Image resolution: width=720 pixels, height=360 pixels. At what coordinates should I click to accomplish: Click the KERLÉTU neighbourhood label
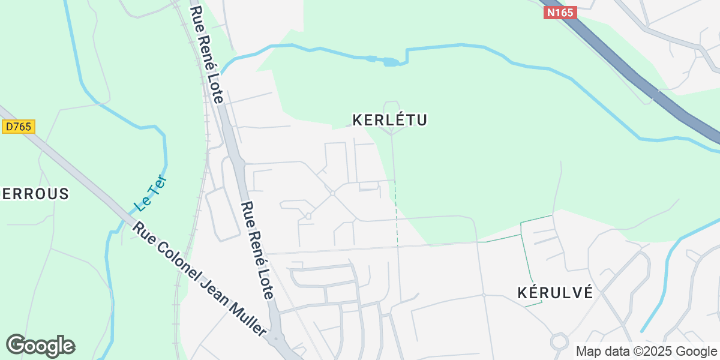pos(389,121)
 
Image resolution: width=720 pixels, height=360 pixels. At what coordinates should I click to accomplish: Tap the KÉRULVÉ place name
pos(555,293)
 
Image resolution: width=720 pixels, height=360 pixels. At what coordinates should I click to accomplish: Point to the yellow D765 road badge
pos(19,127)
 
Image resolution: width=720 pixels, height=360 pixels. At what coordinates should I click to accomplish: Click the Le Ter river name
pos(150,193)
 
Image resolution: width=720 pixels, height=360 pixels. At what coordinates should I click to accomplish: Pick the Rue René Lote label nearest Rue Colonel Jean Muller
pos(257,250)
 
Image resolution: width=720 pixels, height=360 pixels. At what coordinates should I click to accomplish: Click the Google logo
pos(40,346)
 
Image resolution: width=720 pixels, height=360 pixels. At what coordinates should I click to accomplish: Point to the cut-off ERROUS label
pos(35,194)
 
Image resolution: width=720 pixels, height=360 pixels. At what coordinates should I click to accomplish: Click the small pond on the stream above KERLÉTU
pos(390,62)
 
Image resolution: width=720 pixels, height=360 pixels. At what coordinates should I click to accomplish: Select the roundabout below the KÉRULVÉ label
pos(559,341)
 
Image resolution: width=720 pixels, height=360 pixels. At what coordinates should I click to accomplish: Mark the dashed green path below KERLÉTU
pos(396,210)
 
